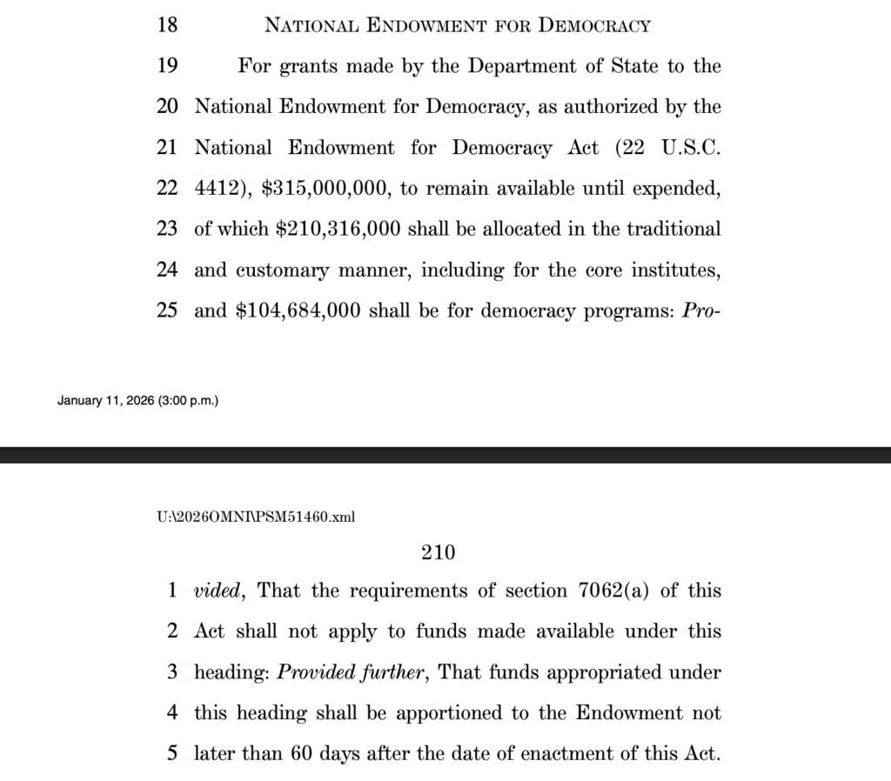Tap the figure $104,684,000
click(298, 311)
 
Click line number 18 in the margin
click(167, 25)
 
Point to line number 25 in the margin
click(167, 311)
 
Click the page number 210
click(439, 551)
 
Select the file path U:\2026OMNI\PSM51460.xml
click(255, 517)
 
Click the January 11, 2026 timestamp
click(138, 401)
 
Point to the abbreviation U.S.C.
click(691, 148)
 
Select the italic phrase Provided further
click(355, 672)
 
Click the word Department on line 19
click(528, 66)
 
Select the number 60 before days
click(301, 753)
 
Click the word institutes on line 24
click(673, 270)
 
